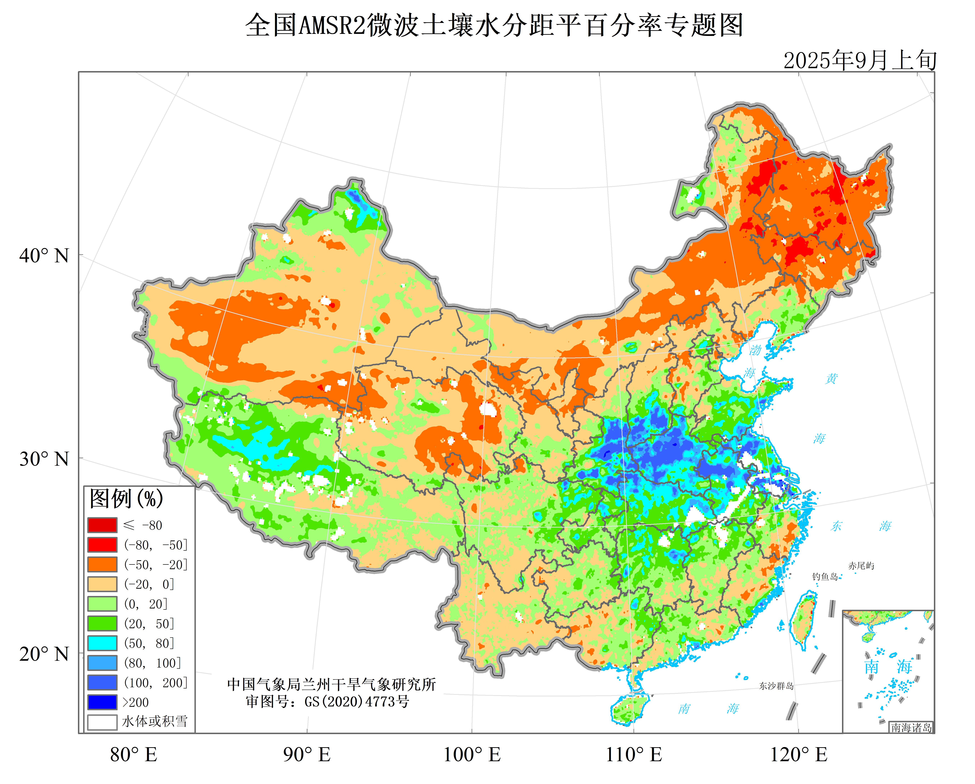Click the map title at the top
pyautogui.click(x=494, y=25)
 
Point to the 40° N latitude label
pyautogui.click(x=44, y=256)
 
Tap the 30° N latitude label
pyautogui.click(x=44, y=459)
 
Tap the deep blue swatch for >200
pyautogui.click(x=102, y=702)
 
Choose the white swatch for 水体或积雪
pyautogui.click(x=102, y=722)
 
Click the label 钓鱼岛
pyautogui.click(x=824, y=576)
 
